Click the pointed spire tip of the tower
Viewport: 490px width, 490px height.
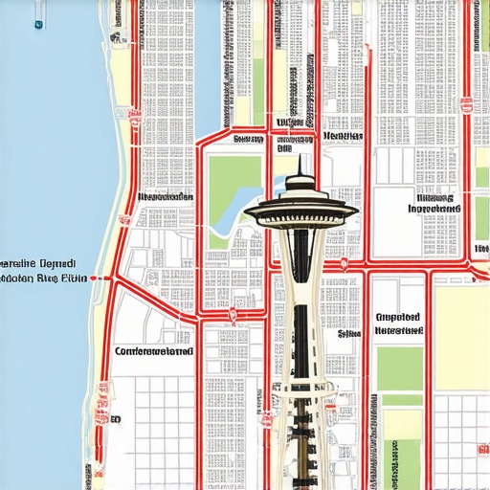(x=300, y=157)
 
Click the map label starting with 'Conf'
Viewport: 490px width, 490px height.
(x=153, y=351)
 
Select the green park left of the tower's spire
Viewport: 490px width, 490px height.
(x=234, y=178)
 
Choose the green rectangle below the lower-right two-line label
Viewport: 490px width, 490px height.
(x=399, y=368)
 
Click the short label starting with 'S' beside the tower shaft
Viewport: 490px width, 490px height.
(x=348, y=334)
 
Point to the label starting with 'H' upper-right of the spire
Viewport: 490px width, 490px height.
(x=343, y=137)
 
